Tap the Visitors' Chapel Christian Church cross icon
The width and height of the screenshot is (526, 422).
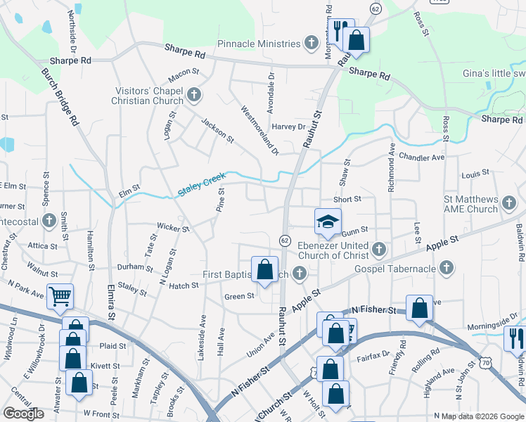click(x=194, y=94)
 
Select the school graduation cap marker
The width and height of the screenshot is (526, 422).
click(x=327, y=222)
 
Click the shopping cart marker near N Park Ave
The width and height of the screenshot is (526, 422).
click(x=60, y=297)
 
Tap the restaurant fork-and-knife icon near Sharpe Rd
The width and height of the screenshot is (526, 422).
click(x=338, y=32)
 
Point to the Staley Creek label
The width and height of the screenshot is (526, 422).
click(x=202, y=184)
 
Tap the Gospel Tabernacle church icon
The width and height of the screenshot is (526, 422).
click(x=445, y=267)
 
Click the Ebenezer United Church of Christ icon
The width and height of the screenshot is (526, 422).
click(x=378, y=248)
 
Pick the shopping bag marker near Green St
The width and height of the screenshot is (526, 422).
click(x=264, y=271)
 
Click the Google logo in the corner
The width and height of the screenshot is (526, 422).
click(x=23, y=414)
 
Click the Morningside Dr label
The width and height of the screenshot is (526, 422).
click(x=499, y=323)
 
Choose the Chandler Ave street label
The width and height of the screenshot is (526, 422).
click(x=422, y=157)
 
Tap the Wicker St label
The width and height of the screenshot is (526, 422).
click(x=174, y=228)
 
